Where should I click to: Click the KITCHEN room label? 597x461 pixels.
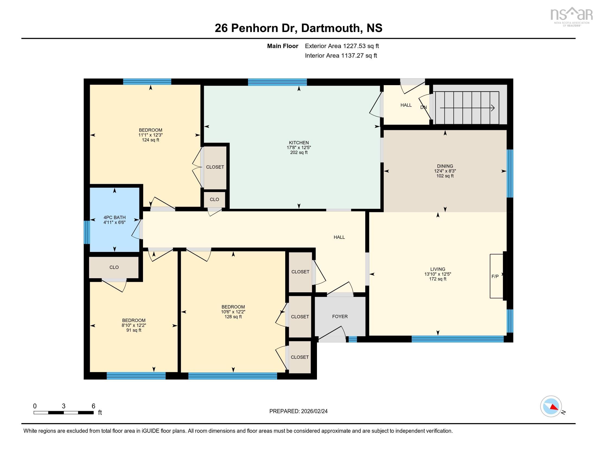coord(298,143)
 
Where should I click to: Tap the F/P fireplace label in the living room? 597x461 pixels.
coord(495,276)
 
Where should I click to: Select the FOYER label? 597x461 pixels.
coord(340,316)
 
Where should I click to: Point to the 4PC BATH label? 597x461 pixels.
coord(114,217)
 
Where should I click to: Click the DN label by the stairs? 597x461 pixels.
coord(423,107)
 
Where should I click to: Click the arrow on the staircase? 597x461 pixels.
coord(468,108)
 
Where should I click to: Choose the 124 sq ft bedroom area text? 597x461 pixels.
coord(150,140)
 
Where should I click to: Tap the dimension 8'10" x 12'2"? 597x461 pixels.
coord(134,325)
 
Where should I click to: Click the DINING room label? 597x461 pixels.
coord(445,166)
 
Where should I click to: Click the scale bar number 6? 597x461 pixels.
coord(93,406)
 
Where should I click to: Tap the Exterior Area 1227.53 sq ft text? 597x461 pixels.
coord(342,46)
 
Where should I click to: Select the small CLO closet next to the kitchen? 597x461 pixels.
coord(214,199)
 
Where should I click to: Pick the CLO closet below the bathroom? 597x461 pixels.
coord(114,267)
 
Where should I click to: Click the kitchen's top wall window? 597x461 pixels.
coord(277,82)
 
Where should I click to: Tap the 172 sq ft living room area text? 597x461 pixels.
coord(437,279)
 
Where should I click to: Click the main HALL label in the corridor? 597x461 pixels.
coord(339,237)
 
